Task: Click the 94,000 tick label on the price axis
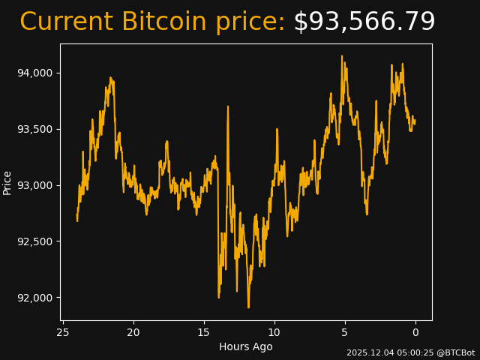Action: [36, 73]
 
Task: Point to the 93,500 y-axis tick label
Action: [36, 129]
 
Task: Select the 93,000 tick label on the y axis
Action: [36, 185]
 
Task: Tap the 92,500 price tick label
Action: [36, 241]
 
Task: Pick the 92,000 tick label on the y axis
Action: [36, 298]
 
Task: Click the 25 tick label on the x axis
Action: [63, 332]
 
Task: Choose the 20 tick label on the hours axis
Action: [133, 332]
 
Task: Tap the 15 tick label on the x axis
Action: [204, 332]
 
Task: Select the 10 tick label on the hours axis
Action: [274, 332]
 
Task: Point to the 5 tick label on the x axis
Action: [345, 332]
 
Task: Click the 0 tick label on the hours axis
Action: [415, 332]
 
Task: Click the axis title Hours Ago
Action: [245, 346]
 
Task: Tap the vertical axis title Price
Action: [7, 182]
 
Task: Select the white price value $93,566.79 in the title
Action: [364, 22]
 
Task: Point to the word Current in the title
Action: [67, 22]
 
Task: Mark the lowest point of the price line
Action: [248, 307]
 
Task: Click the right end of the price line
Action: [415, 120]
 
